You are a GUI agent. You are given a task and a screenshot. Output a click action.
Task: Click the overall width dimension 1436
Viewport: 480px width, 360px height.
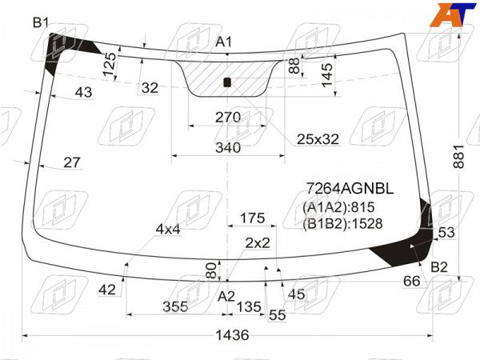click(x=232, y=335)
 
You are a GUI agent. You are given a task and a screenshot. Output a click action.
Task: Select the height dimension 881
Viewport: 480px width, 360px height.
click(x=458, y=157)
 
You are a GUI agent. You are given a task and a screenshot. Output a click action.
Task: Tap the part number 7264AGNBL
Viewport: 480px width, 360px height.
click(x=350, y=189)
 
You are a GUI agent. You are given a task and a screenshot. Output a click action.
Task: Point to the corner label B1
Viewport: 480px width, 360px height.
click(x=41, y=22)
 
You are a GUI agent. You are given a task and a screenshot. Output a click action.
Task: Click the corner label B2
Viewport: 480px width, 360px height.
click(x=439, y=267)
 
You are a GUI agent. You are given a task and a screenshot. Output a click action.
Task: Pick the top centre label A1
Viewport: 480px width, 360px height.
click(x=224, y=42)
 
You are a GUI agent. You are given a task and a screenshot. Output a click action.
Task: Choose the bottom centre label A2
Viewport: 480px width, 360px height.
click(x=226, y=296)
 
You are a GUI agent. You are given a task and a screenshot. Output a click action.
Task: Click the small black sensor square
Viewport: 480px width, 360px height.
click(x=227, y=82)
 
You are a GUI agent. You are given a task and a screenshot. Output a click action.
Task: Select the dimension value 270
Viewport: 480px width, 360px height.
click(x=228, y=118)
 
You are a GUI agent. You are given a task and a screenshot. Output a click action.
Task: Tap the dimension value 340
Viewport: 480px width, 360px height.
click(x=228, y=148)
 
